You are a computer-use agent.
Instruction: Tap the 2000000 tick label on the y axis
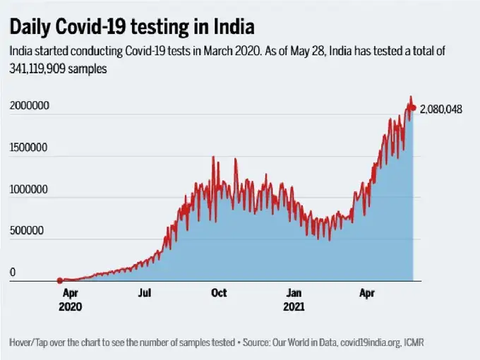coord(29,107)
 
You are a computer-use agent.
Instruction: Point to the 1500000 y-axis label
coord(29,148)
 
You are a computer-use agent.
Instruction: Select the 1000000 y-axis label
coord(29,190)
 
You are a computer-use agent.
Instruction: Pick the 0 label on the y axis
coord(12,272)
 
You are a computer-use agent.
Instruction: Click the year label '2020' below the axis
coord(71,307)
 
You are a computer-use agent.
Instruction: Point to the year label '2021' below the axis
coord(294,307)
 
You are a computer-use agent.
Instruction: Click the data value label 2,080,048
coord(441,109)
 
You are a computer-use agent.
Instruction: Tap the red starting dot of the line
coord(60,280)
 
